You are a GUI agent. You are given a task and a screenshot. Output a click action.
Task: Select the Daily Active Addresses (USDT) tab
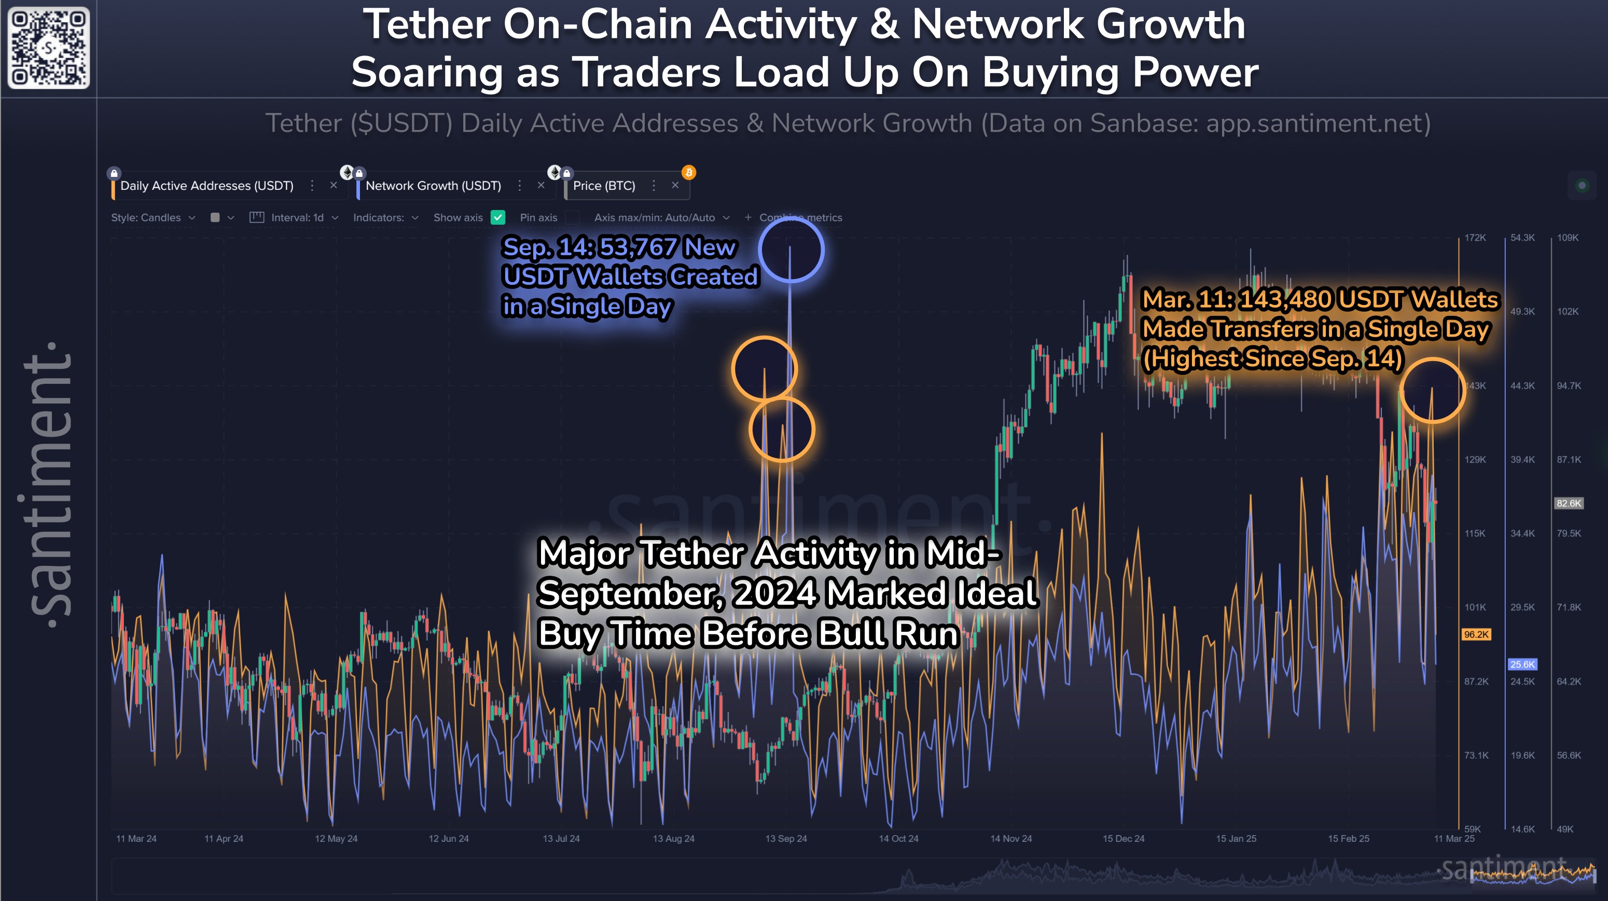click(x=206, y=186)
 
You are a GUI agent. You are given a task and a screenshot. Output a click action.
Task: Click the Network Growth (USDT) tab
click(x=433, y=186)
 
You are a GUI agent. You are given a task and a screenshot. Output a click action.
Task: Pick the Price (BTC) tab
click(x=604, y=186)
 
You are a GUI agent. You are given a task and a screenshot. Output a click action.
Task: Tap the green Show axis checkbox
click(x=497, y=217)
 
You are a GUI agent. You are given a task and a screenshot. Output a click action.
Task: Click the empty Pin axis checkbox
click(x=572, y=217)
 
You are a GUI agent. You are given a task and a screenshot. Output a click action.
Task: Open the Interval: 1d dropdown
click(x=297, y=217)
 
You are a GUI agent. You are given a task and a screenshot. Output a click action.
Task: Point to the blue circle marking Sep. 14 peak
click(x=791, y=249)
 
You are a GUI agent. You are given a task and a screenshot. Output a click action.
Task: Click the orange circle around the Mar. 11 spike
click(x=1432, y=390)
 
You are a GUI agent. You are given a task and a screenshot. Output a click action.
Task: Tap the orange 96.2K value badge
click(x=1476, y=634)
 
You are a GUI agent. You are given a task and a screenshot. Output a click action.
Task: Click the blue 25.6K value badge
click(x=1522, y=664)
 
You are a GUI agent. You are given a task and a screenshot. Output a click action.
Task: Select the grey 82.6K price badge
click(x=1568, y=503)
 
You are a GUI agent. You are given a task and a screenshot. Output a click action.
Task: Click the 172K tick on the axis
click(x=1475, y=238)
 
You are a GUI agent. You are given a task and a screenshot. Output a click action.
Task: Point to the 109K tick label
click(x=1568, y=238)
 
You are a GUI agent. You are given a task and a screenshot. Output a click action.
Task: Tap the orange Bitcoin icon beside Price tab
click(x=688, y=172)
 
